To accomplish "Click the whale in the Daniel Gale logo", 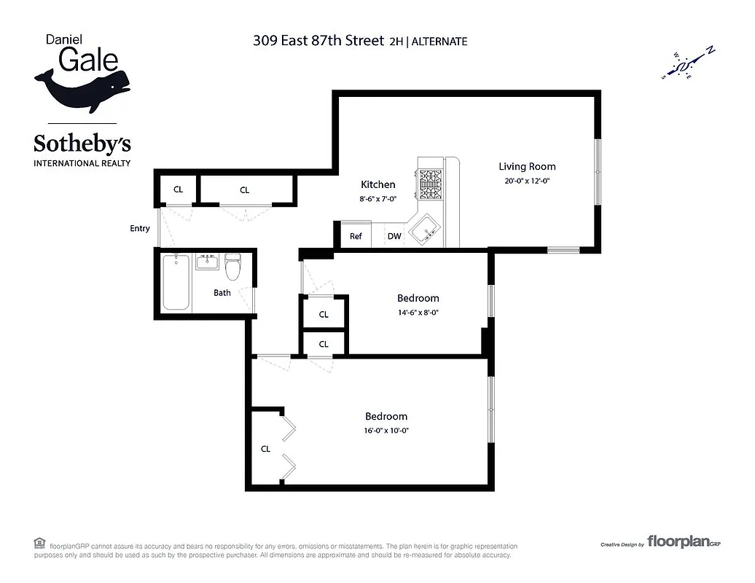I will click(x=82, y=86).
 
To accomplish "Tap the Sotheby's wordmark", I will click(x=82, y=144).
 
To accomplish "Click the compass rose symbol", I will click(x=687, y=66).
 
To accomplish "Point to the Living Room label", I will click(x=527, y=166).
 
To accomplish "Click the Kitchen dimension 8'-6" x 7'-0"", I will click(x=378, y=198).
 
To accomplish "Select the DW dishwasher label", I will click(x=394, y=236).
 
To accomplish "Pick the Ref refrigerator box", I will click(x=356, y=236).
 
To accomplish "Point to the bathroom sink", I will click(x=208, y=261).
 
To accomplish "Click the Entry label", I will click(x=140, y=228).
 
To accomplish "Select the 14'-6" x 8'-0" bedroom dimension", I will click(x=418, y=312).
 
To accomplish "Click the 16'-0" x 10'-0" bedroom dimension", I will click(x=386, y=430).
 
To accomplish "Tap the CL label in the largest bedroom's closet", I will click(x=265, y=449).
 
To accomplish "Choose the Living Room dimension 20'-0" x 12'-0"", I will click(x=527, y=181).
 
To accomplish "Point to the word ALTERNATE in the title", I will click(x=439, y=42).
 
